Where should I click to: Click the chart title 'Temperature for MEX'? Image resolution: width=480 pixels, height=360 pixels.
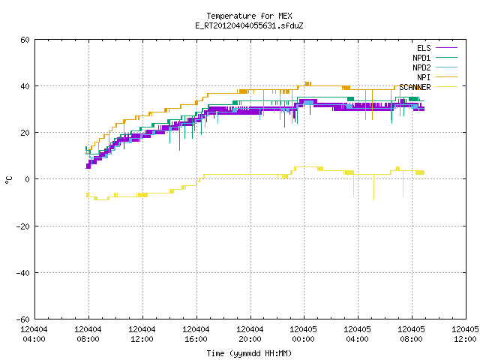pyautogui.click(x=249, y=16)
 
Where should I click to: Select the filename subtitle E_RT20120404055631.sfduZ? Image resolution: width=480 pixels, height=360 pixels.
pyautogui.click(x=249, y=25)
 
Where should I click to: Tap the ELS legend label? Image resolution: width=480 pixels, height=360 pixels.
pyautogui.click(x=424, y=48)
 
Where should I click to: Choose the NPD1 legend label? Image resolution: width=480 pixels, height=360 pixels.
pyautogui.click(x=421, y=58)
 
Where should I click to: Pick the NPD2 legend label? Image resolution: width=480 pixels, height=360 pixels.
pyautogui.click(x=421, y=67)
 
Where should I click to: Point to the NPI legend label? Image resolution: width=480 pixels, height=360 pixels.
pyautogui.click(x=424, y=77)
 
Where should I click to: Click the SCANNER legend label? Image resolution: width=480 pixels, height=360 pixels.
pyautogui.click(x=415, y=87)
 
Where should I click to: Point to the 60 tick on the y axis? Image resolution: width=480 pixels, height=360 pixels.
pyautogui.click(x=25, y=40)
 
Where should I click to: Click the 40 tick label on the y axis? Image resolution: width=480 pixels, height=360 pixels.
pyautogui.click(x=25, y=86)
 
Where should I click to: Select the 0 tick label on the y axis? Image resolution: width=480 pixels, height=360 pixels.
pyautogui.click(x=28, y=179)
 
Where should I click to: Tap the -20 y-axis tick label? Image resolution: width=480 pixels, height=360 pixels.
pyautogui.click(x=23, y=226)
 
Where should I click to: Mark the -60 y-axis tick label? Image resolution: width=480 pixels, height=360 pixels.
pyautogui.click(x=23, y=319)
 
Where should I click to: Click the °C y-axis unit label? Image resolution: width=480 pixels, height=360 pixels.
pyautogui.click(x=8, y=180)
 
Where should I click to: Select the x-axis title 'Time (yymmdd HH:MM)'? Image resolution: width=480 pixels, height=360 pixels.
pyautogui.click(x=249, y=353)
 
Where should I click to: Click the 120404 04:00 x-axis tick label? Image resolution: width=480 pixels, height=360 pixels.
pyautogui.click(x=34, y=334)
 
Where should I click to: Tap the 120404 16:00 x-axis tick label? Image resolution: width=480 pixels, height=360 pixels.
pyautogui.click(x=196, y=334)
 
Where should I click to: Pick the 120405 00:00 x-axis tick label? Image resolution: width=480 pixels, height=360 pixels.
pyautogui.click(x=303, y=334)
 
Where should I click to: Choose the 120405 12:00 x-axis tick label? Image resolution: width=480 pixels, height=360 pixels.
pyautogui.click(x=465, y=334)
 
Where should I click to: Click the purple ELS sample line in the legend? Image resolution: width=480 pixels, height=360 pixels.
pyautogui.click(x=446, y=48)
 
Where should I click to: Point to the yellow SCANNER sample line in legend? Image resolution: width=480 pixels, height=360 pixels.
pyautogui.click(x=446, y=87)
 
